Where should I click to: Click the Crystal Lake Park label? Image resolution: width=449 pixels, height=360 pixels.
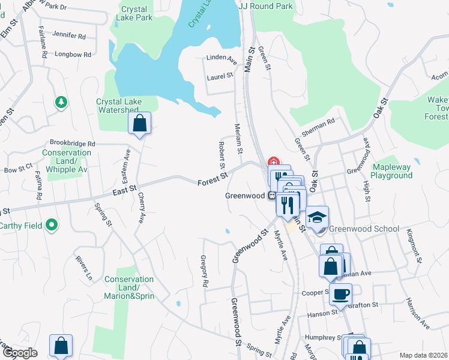136,13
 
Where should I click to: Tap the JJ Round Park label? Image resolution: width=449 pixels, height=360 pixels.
265,5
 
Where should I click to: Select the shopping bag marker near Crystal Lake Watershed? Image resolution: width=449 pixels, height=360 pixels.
139,124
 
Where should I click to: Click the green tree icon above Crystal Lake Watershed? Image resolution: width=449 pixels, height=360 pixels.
60,102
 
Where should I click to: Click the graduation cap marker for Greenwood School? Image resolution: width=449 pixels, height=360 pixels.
318,217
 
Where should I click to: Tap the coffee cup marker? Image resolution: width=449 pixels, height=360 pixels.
340,295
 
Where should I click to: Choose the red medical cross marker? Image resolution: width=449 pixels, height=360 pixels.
273,162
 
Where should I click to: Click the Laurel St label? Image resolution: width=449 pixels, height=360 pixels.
220,76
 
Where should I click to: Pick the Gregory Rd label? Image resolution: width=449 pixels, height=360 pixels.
205,269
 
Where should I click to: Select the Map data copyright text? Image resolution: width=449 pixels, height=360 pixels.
424,355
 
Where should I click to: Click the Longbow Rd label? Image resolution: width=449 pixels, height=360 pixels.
72,54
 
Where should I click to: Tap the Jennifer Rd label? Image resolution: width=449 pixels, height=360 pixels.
69,36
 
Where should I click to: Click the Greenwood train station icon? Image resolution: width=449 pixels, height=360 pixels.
271,196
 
